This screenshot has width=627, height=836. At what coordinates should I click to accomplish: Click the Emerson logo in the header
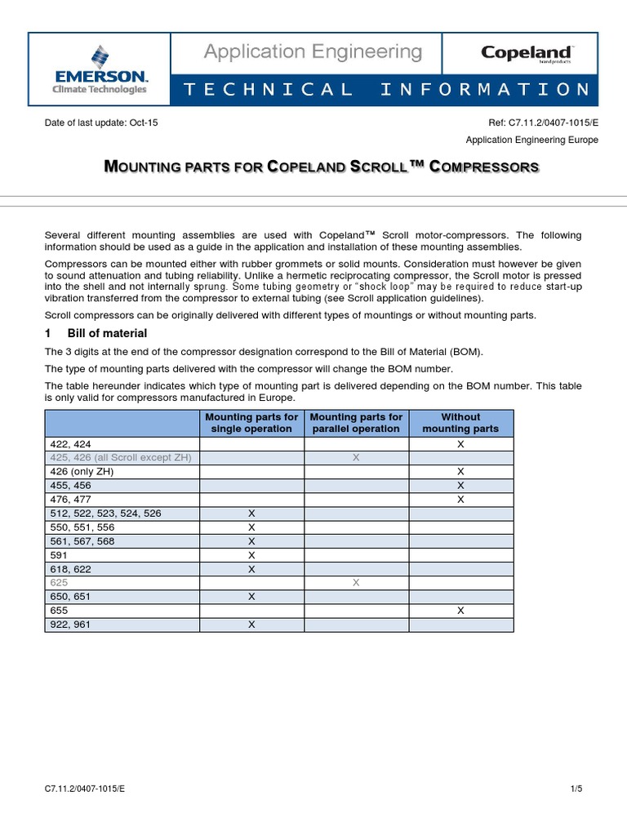pos(99,69)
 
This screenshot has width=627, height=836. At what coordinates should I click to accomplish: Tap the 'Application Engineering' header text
pos(313,53)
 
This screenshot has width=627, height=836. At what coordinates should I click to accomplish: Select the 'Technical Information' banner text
pos(386,90)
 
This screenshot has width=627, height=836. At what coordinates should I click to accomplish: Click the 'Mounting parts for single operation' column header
pos(251,423)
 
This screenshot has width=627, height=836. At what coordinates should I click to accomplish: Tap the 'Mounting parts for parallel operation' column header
pos(356,423)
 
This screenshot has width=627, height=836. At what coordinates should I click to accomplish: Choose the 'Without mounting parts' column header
pos(460,423)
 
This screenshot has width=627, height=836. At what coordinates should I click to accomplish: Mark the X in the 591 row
pos(251,555)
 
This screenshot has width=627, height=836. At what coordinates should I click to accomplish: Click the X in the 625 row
pos(356,583)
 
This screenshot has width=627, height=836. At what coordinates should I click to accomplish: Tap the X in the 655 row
pos(460,611)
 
